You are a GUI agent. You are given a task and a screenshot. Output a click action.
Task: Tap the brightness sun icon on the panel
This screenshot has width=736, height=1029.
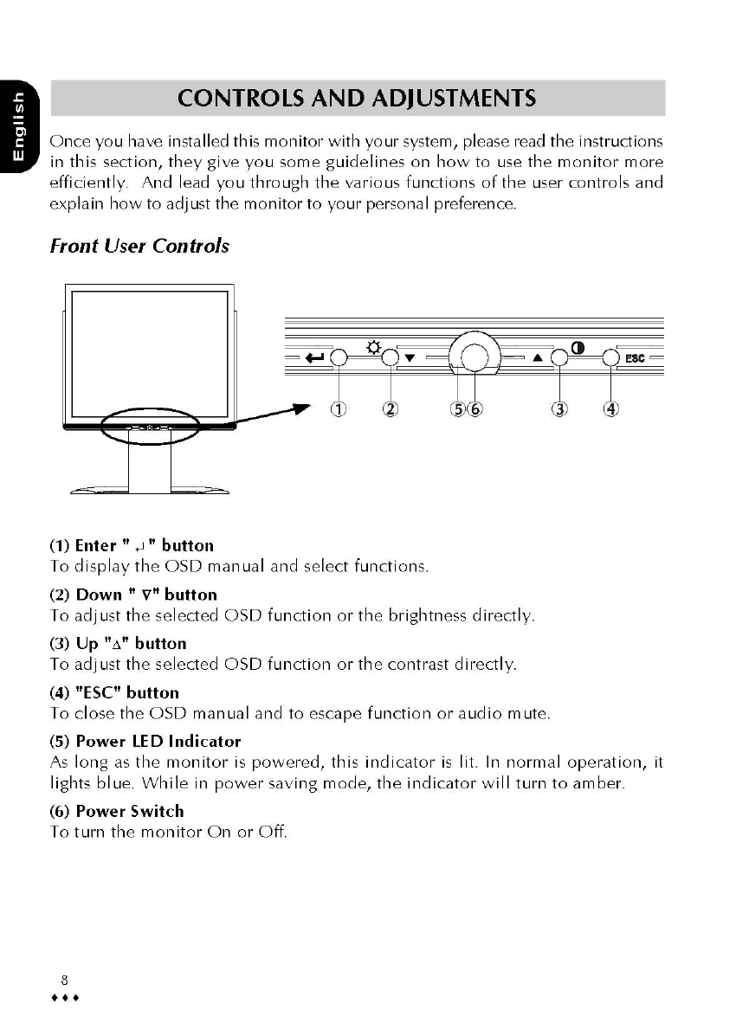(373, 347)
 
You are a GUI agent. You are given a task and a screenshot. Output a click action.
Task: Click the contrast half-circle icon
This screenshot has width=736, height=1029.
(577, 348)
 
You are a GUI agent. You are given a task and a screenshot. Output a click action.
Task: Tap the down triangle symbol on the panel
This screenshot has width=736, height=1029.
(410, 357)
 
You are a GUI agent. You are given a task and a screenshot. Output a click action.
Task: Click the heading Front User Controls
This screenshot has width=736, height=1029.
(139, 246)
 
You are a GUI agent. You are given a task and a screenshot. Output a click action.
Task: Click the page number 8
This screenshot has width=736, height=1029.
(64, 980)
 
